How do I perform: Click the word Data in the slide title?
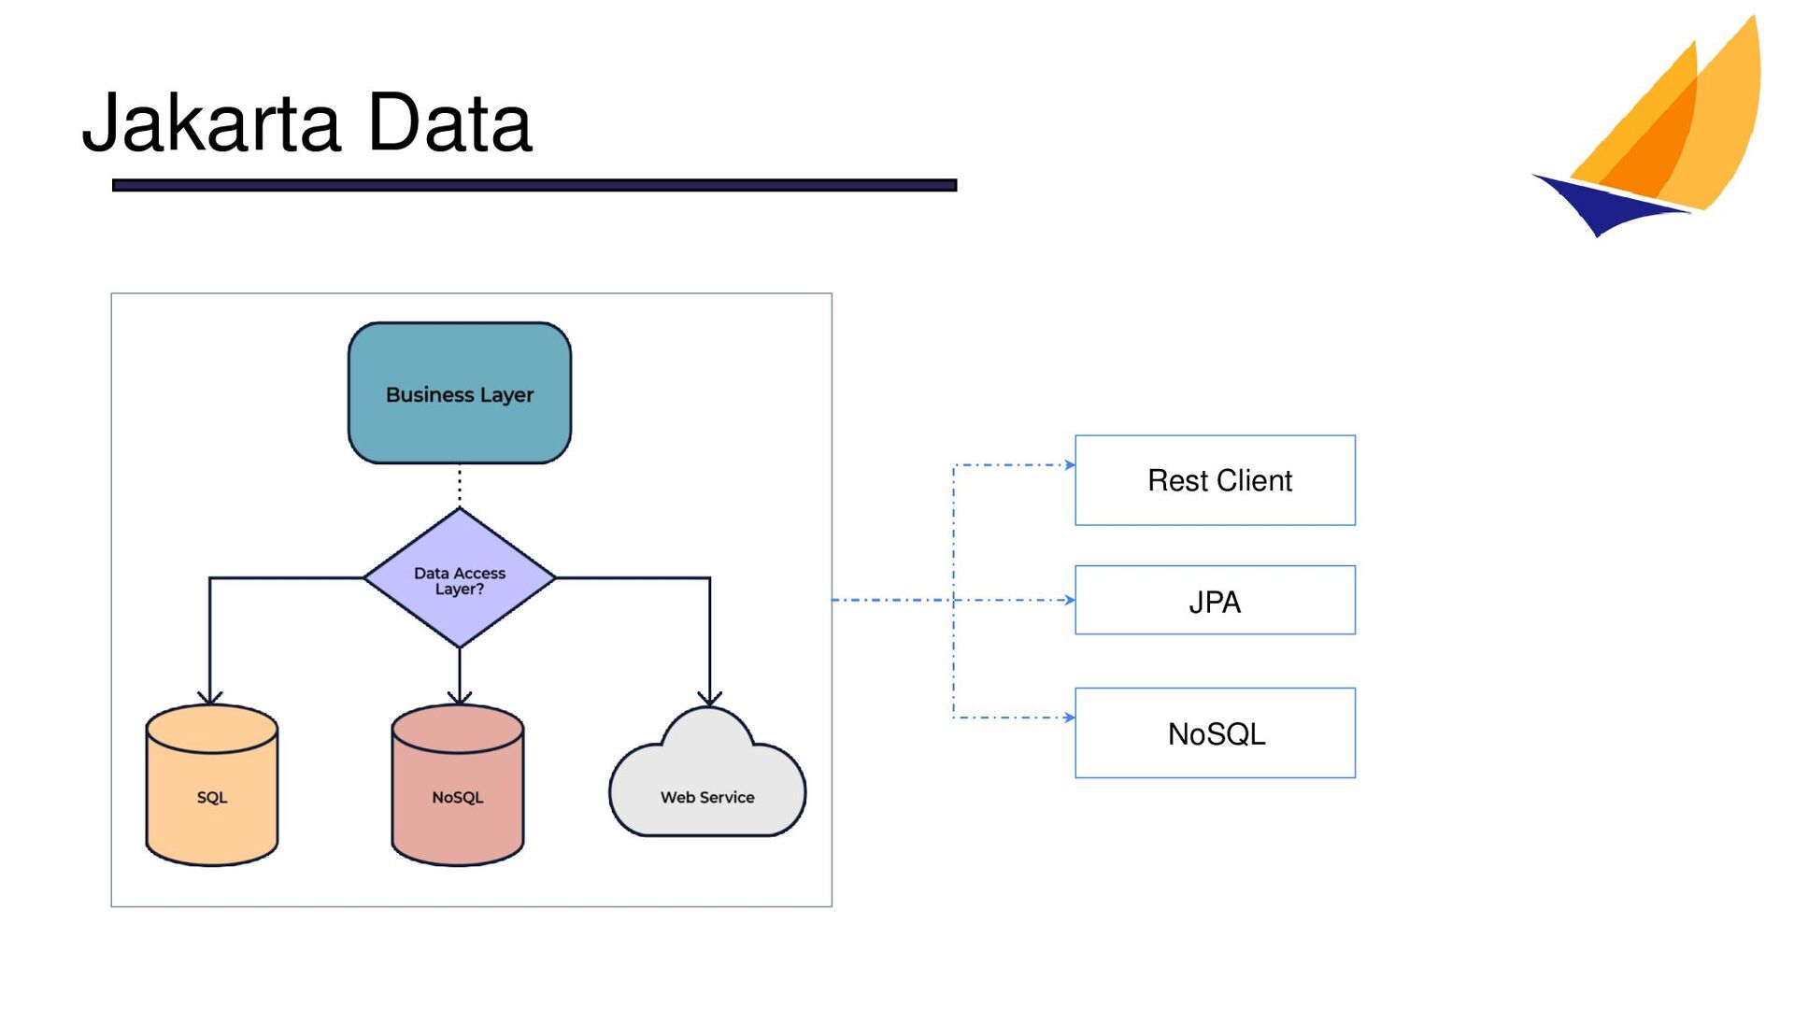click(450, 122)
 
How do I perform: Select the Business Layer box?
click(460, 393)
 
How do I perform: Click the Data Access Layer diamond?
click(460, 578)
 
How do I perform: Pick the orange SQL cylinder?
click(212, 785)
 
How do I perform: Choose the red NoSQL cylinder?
click(458, 785)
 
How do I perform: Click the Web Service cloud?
click(707, 774)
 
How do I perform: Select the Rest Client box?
click(1215, 480)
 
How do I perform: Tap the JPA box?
click(1215, 600)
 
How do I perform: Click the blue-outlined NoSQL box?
click(1215, 733)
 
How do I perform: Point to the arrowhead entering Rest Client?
click(1070, 464)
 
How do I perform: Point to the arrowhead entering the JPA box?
click(1070, 600)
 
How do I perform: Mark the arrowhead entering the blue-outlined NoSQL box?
click(1070, 718)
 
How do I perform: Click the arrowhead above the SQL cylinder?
click(210, 698)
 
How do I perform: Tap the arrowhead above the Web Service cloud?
click(710, 698)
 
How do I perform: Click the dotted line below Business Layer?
click(460, 486)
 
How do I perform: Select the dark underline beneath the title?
click(534, 185)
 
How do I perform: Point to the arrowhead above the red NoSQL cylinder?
click(460, 698)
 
